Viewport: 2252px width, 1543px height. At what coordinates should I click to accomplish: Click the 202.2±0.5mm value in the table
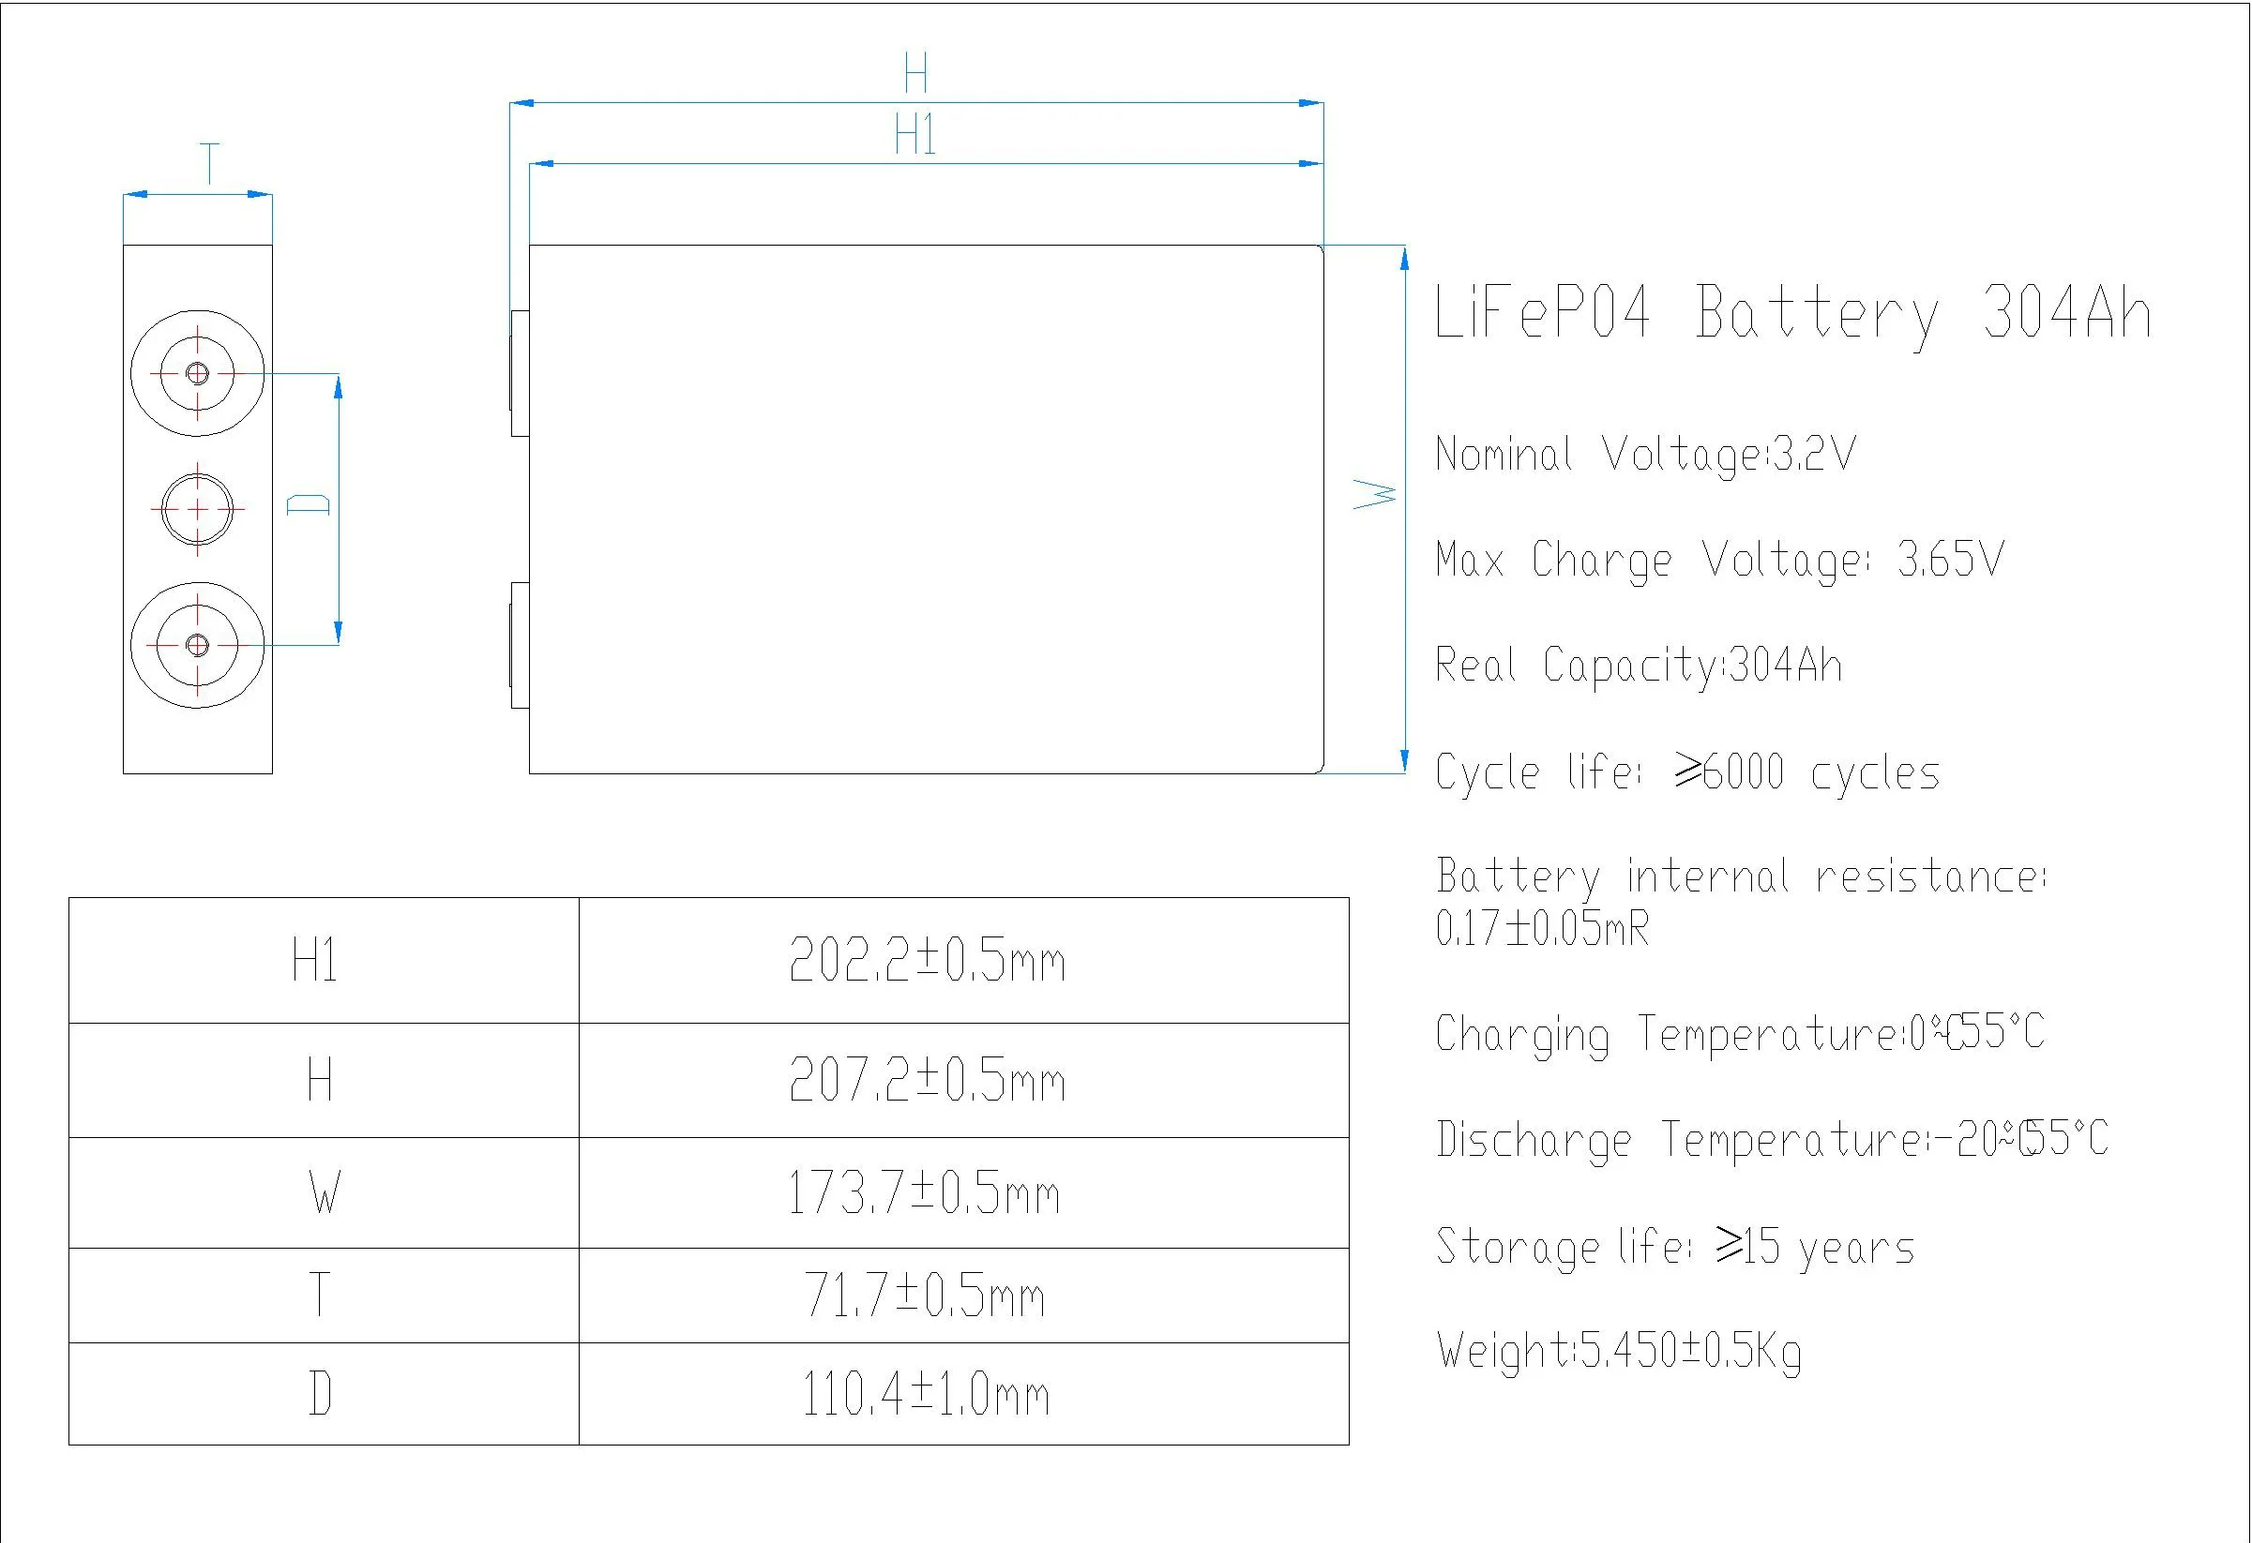tap(928, 962)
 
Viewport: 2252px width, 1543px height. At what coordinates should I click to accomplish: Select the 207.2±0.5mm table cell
tap(928, 1080)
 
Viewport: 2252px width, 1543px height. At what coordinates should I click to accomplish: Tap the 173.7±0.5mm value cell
tap(924, 1192)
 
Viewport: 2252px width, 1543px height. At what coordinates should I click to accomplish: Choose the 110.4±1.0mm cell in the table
tap(926, 1395)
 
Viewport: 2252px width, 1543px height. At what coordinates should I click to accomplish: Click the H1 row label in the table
tap(315, 962)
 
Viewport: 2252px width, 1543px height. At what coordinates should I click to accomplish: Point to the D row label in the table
tap(320, 1395)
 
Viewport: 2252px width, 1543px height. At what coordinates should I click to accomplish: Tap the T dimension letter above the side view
tap(209, 163)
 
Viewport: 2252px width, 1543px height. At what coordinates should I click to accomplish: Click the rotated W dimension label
tap(1375, 495)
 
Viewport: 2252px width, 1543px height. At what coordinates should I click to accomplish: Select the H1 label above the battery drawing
tap(914, 135)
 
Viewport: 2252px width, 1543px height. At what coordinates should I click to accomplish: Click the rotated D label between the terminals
tap(310, 503)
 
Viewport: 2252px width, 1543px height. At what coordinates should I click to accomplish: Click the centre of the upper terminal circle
tap(198, 373)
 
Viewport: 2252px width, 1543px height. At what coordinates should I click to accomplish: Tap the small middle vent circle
tap(198, 508)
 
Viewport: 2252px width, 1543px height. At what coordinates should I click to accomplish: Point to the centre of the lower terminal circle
tap(198, 645)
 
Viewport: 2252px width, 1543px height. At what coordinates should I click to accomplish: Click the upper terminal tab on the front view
tap(520, 373)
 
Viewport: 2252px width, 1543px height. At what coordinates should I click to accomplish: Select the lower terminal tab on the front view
tap(520, 645)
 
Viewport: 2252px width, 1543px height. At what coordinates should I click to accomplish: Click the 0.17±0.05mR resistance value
tap(1542, 929)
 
